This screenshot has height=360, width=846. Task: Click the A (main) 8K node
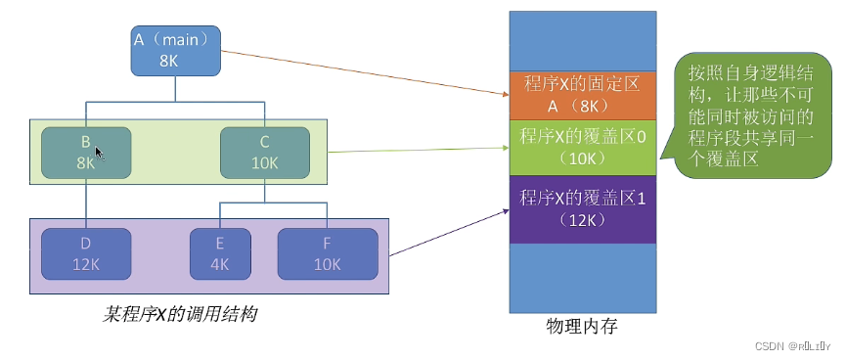[x=176, y=50]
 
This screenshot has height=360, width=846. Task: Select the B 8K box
[x=86, y=152]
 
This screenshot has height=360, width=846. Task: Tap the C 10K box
[x=264, y=152]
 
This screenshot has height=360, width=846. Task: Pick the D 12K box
[x=86, y=253]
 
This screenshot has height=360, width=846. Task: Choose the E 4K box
[x=218, y=253]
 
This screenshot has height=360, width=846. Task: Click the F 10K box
[x=327, y=253]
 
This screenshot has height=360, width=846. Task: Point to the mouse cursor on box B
[x=98, y=152]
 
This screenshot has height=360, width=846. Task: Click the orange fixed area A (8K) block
[x=581, y=94]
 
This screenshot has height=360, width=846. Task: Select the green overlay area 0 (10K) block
[x=581, y=145]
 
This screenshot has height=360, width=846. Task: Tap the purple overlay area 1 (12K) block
[x=581, y=208]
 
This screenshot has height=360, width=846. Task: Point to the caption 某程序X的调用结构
[x=181, y=315]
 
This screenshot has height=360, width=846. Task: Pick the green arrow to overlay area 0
[x=421, y=150]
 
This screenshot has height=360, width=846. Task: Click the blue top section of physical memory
[x=581, y=39]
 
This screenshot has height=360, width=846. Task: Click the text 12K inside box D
[x=86, y=264]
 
